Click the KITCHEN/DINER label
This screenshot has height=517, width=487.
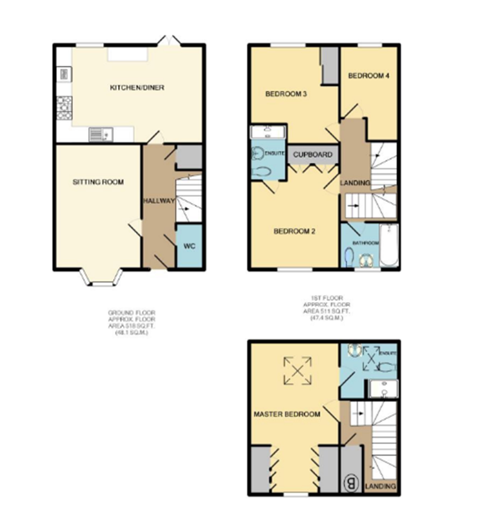[x=137, y=88]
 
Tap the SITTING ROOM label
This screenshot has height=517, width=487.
[x=98, y=182]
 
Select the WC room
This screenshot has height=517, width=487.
[x=189, y=246]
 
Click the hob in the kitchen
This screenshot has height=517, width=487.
[x=64, y=108]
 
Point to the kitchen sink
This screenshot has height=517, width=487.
[x=101, y=135]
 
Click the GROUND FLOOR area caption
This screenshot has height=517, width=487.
[x=132, y=322]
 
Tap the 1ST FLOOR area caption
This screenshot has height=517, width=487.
[x=327, y=308]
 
